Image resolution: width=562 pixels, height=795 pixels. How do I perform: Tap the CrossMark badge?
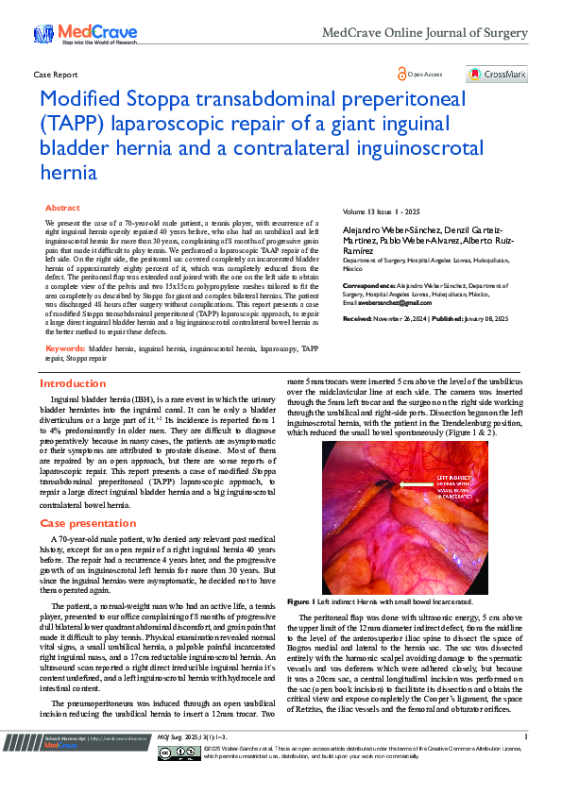(x=496, y=74)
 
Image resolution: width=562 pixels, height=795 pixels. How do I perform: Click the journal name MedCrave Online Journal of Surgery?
(x=424, y=33)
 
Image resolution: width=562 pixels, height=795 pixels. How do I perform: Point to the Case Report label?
(x=55, y=74)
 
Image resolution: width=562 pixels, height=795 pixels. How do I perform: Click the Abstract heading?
(x=62, y=208)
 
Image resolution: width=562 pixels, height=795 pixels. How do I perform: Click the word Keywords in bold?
(x=64, y=348)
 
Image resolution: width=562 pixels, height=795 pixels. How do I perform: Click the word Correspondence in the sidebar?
(x=366, y=284)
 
